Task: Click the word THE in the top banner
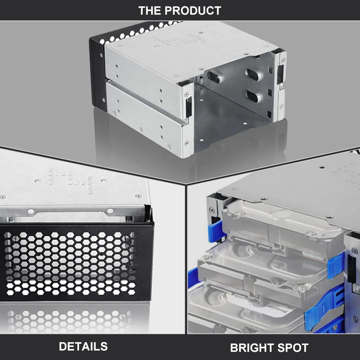151,10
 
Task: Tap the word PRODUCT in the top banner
193,10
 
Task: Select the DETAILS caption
83,346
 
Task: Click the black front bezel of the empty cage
97,72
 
